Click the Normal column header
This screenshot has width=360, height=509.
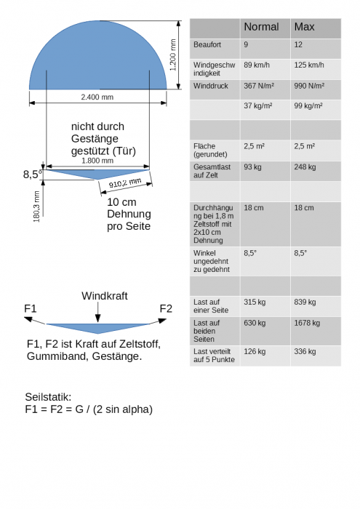[x=261, y=27]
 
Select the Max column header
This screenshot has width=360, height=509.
[x=304, y=27]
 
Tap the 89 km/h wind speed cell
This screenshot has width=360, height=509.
[x=257, y=65]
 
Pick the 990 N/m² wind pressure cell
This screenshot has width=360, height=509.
[x=309, y=86]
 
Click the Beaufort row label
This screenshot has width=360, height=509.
[x=207, y=44]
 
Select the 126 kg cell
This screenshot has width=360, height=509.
[x=255, y=351]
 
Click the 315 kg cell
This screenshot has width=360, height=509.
[x=255, y=302]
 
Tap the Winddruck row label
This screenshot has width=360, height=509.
[x=211, y=86]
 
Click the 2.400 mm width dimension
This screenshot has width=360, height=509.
[x=97, y=97]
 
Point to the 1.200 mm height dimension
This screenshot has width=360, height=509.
[x=173, y=55]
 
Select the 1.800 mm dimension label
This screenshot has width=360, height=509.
[x=97, y=161]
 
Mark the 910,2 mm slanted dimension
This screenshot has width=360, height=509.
[x=125, y=183]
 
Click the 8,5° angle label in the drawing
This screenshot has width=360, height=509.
[x=33, y=175]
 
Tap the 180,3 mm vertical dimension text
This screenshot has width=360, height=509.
[x=36, y=207]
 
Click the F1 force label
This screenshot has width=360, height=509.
[x=31, y=308]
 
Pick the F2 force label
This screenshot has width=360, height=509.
[x=166, y=308]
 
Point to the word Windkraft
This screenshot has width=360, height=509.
[x=105, y=296]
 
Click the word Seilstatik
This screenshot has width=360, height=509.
[x=48, y=397]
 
